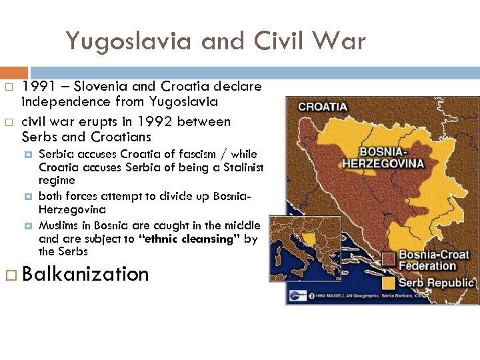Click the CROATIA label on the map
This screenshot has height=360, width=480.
[323, 107]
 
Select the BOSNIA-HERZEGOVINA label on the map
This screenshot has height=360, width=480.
[383, 157]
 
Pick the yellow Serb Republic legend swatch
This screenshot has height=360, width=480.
[389, 283]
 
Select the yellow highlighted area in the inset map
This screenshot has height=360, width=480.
[307, 238]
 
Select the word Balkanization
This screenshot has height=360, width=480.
[85, 274]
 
